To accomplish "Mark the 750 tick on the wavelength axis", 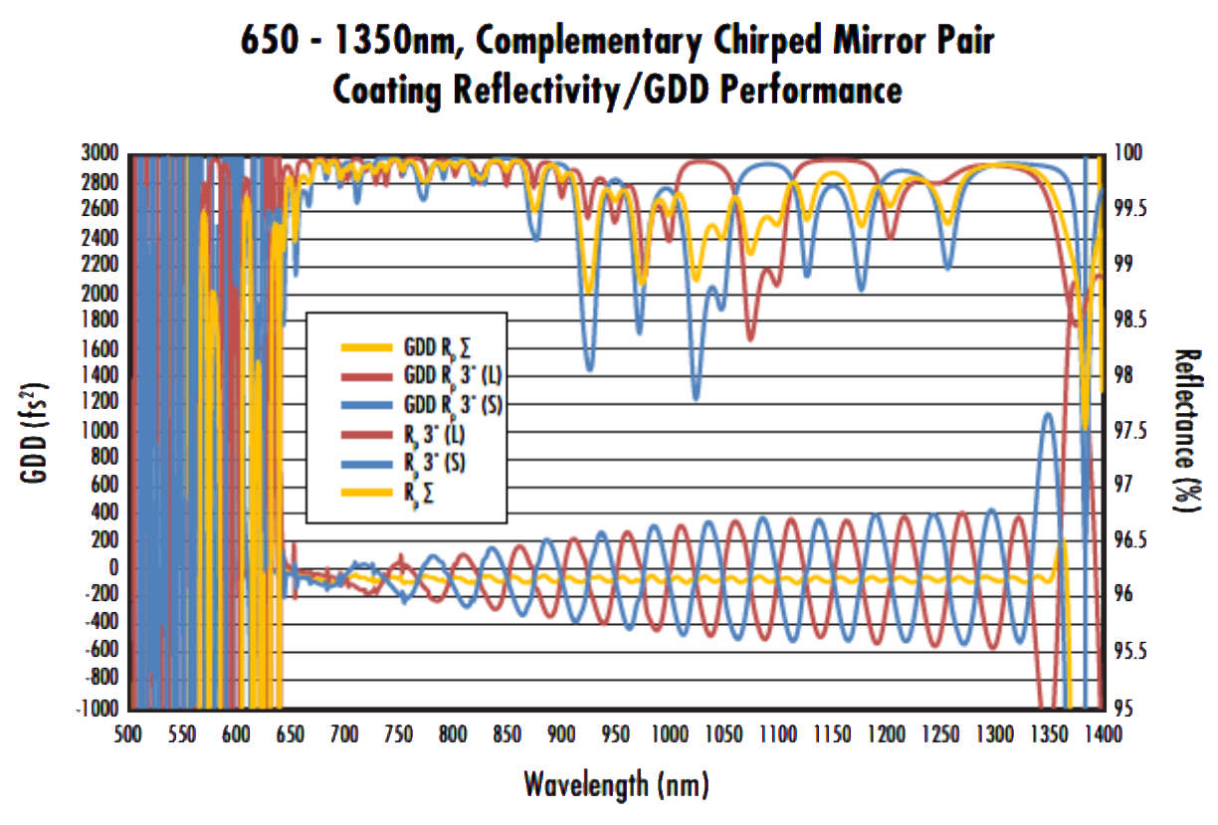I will (397, 734).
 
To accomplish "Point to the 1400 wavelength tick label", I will (1102, 734).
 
